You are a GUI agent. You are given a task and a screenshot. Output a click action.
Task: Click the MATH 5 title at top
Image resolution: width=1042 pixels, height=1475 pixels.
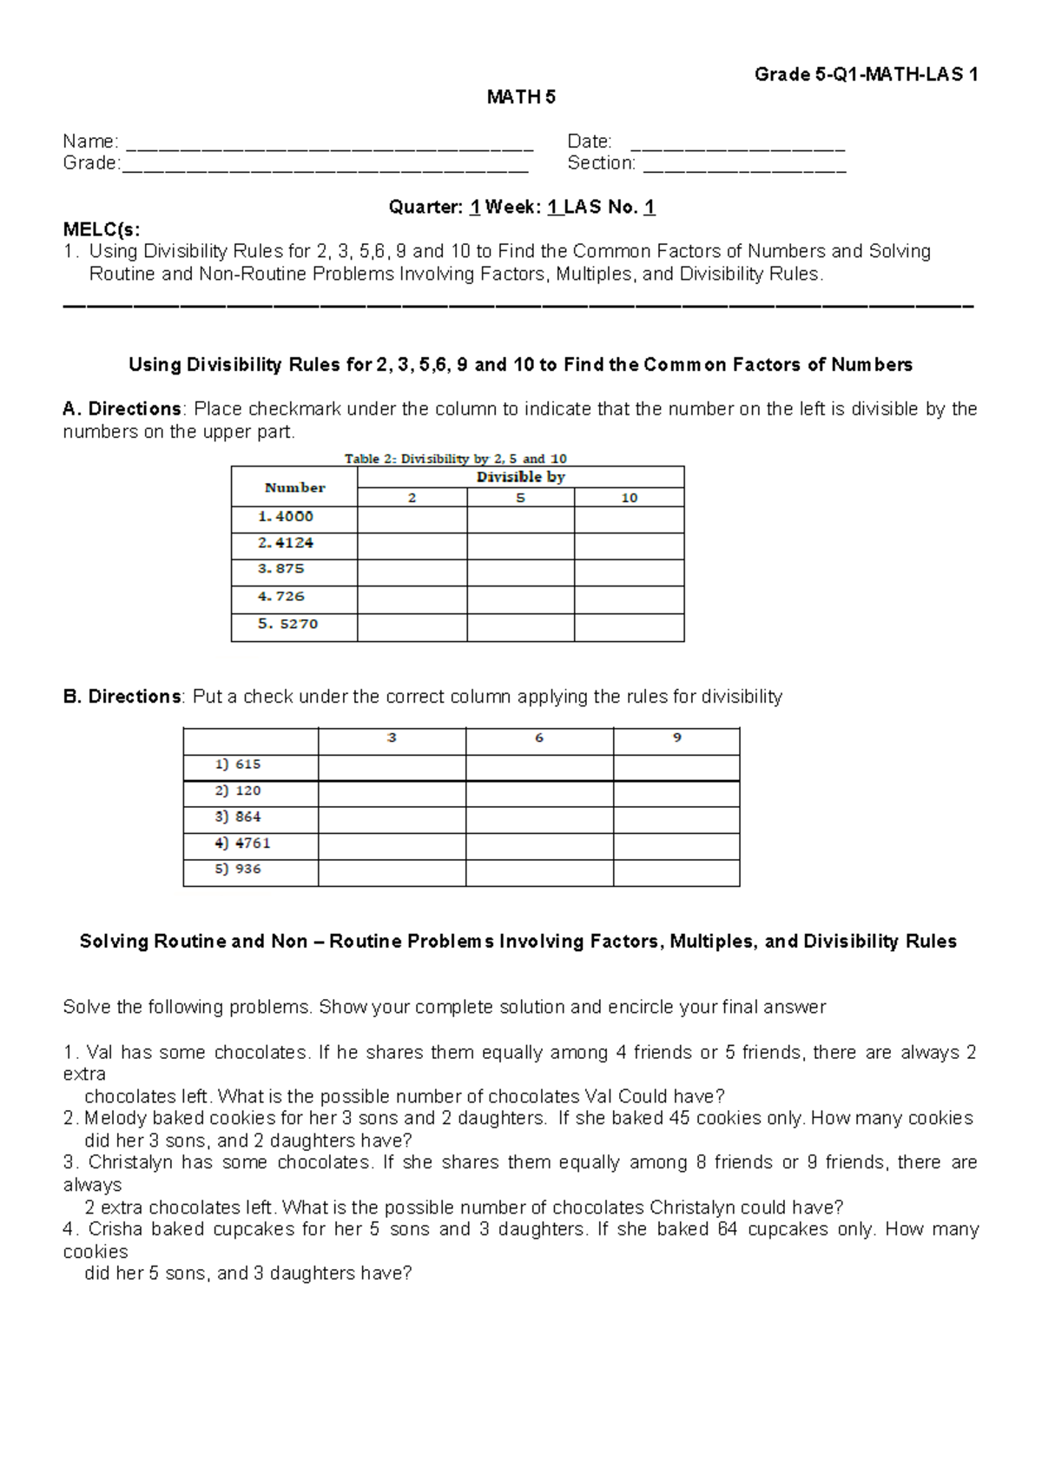(x=521, y=97)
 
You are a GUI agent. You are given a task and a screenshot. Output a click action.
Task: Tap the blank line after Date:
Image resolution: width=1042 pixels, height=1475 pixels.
(x=737, y=144)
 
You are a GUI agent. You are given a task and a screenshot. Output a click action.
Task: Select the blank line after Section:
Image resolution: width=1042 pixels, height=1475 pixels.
(x=744, y=166)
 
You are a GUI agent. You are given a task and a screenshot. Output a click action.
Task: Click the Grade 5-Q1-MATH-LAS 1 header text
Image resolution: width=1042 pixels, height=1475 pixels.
(x=866, y=75)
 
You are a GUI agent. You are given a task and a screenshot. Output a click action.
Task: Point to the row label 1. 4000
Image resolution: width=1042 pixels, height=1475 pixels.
(x=287, y=517)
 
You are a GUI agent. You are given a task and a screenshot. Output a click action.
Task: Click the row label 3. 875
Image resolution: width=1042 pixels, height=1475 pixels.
(x=281, y=569)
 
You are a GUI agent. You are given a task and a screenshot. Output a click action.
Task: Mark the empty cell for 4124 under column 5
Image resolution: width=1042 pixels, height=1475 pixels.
(x=520, y=545)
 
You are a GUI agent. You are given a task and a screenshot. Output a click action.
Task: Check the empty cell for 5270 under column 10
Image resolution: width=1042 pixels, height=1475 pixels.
(x=629, y=627)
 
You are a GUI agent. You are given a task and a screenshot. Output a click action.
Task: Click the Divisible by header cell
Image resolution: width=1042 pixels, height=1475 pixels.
(x=520, y=477)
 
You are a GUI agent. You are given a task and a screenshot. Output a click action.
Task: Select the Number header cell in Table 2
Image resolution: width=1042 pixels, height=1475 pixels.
(x=294, y=488)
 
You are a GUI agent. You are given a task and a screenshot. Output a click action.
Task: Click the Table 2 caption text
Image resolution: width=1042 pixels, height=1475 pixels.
(x=456, y=459)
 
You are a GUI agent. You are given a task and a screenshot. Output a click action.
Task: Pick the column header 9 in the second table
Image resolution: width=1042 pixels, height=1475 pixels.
(x=676, y=738)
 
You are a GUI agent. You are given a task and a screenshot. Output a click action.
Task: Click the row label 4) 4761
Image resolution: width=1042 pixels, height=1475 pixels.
(x=243, y=843)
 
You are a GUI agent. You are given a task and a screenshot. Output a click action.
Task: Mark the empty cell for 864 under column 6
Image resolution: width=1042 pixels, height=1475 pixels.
(x=539, y=819)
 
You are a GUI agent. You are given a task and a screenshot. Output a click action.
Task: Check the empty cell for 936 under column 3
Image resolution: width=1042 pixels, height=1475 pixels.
(x=392, y=872)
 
